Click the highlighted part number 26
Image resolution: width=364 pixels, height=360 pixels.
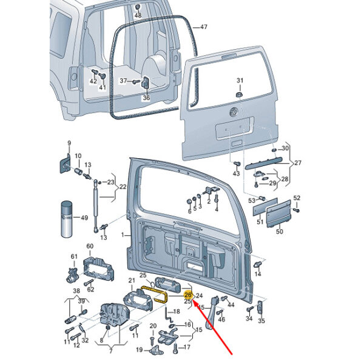pos(187,294)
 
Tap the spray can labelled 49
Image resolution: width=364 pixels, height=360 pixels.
pos(67,218)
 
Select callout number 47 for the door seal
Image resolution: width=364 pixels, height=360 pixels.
pos(203,27)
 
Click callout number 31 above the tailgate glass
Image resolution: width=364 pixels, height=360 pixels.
pos(239,81)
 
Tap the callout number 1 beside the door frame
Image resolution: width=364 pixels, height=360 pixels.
pos(122,235)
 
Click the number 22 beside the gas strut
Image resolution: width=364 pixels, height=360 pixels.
pos(123,187)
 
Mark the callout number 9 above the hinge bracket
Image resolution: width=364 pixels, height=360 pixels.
pos(69,143)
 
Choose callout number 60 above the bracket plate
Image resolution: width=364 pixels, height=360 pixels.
pos(90,246)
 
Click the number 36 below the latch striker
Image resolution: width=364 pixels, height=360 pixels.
pos(146,98)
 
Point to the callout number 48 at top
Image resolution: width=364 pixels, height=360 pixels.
pos(138,15)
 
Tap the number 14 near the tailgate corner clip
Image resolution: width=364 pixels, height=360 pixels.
pos(258,274)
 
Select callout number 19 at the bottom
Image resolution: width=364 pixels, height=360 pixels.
pos(138,350)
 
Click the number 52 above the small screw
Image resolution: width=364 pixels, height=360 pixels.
pos(297,198)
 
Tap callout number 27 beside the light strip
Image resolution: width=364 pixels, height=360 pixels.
pos(298,163)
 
